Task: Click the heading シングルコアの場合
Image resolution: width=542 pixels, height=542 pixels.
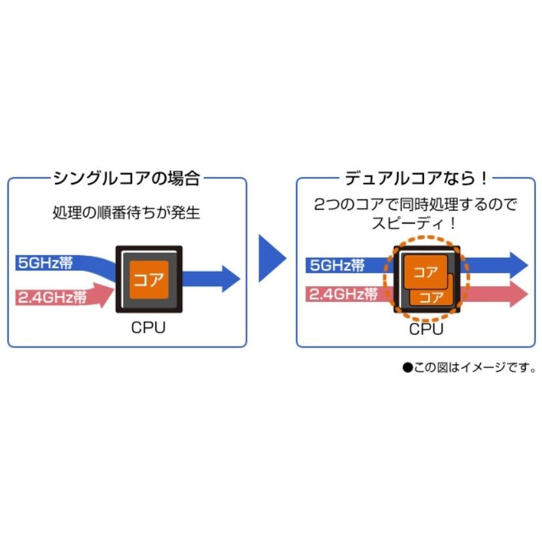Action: pyautogui.click(x=127, y=178)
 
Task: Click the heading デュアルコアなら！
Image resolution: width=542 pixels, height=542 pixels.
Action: pyautogui.click(x=416, y=178)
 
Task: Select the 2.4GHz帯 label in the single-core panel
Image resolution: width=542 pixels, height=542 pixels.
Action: pyautogui.click(x=53, y=297)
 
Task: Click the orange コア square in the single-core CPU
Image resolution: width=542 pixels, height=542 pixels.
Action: pyautogui.click(x=149, y=279)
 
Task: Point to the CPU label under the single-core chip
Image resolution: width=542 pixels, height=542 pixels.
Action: pyautogui.click(x=148, y=328)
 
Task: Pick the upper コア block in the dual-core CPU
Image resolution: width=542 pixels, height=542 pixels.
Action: pyautogui.click(x=425, y=272)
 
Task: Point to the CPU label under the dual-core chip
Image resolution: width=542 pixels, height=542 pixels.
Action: pyautogui.click(x=426, y=329)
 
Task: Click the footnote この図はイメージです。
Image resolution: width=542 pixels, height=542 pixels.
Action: pyautogui.click(x=475, y=369)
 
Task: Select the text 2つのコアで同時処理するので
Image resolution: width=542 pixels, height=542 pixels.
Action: pyautogui.click(x=416, y=205)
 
